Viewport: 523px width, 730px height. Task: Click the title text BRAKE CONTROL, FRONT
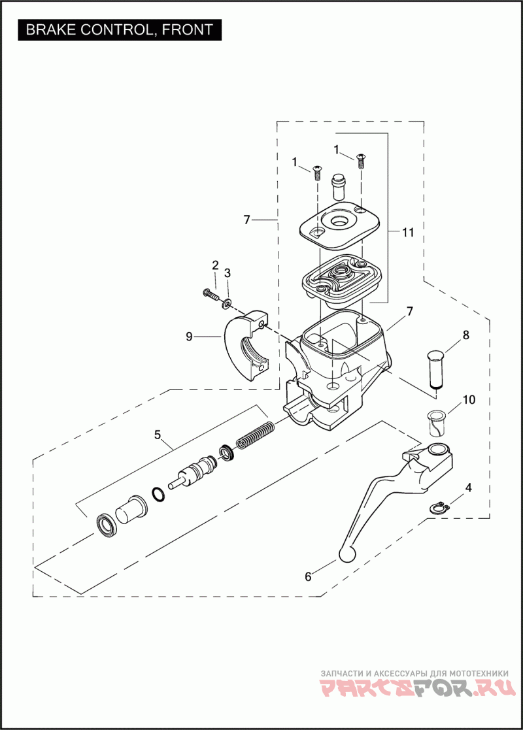tap(119, 29)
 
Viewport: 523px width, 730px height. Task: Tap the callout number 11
tap(409, 233)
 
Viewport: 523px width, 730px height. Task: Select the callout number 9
tap(189, 337)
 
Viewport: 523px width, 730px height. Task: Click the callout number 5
tap(158, 434)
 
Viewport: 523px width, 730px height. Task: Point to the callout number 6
tap(308, 576)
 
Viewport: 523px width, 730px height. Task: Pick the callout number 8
tap(466, 335)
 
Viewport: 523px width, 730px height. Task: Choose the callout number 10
tap(469, 399)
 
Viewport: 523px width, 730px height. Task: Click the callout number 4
tap(468, 488)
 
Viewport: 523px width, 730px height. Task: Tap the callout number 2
tap(215, 265)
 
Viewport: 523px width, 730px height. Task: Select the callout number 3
tap(228, 273)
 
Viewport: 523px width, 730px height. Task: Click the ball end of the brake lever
tap(346, 554)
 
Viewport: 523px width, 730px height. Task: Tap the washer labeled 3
tap(227, 302)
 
